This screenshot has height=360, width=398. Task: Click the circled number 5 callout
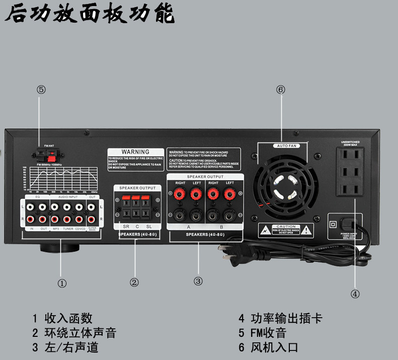[41, 90]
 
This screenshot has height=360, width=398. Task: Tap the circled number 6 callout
[281, 90]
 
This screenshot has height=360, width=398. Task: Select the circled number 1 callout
[62, 283]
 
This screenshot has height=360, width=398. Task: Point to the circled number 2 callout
[134, 282]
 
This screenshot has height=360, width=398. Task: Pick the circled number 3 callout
[198, 281]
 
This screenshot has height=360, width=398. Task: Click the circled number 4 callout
[355, 294]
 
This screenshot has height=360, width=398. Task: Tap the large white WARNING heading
[136, 152]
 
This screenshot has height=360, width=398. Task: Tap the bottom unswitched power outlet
[350, 190]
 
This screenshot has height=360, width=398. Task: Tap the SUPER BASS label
[92, 229]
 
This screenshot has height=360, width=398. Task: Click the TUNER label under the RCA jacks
[68, 229]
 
